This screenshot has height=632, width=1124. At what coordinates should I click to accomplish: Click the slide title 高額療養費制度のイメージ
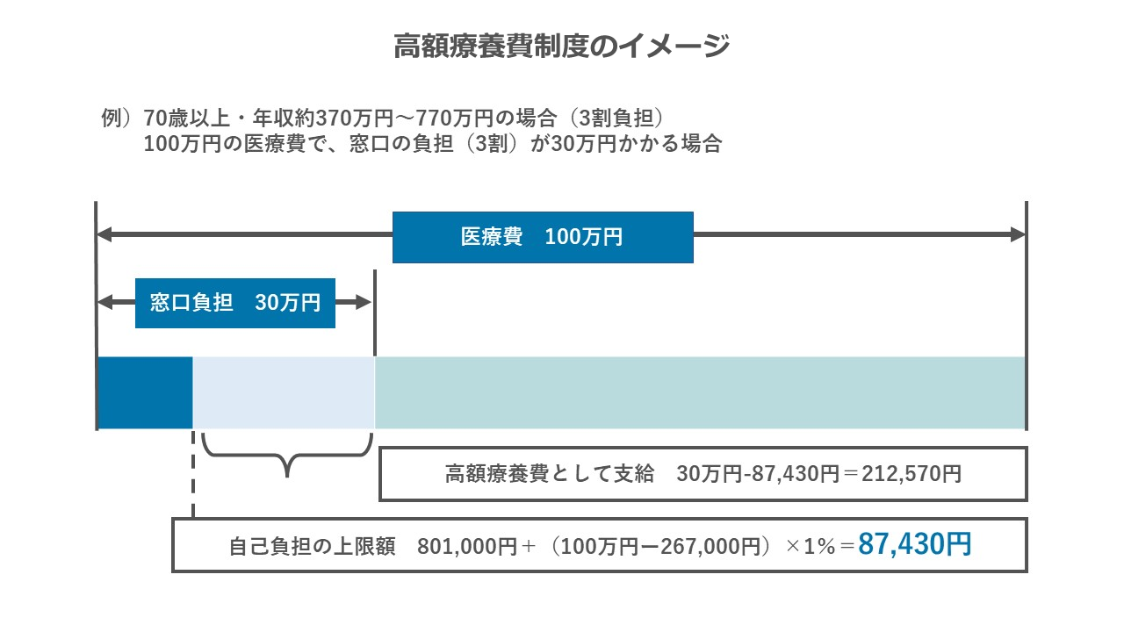(x=562, y=46)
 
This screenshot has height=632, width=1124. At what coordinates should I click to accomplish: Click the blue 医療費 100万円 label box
(x=543, y=237)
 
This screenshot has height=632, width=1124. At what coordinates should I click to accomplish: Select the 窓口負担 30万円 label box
(x=235, y=303)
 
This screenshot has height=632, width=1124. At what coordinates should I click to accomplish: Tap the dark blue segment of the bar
(x=145, y=393)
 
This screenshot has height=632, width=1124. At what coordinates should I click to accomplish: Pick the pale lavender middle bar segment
(x=284, y=393)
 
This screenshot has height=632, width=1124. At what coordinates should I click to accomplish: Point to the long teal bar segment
(x=700, y=393)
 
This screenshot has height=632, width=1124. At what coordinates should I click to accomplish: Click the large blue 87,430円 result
(x=914, y=545)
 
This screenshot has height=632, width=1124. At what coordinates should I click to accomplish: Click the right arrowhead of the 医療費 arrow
(x=1018, y=234)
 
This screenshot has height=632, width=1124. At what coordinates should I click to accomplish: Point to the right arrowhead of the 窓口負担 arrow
(x=364, y=303)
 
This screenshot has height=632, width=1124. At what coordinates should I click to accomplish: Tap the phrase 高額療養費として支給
(x=550, y=475)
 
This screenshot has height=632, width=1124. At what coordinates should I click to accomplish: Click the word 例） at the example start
(x=117, y=118)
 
